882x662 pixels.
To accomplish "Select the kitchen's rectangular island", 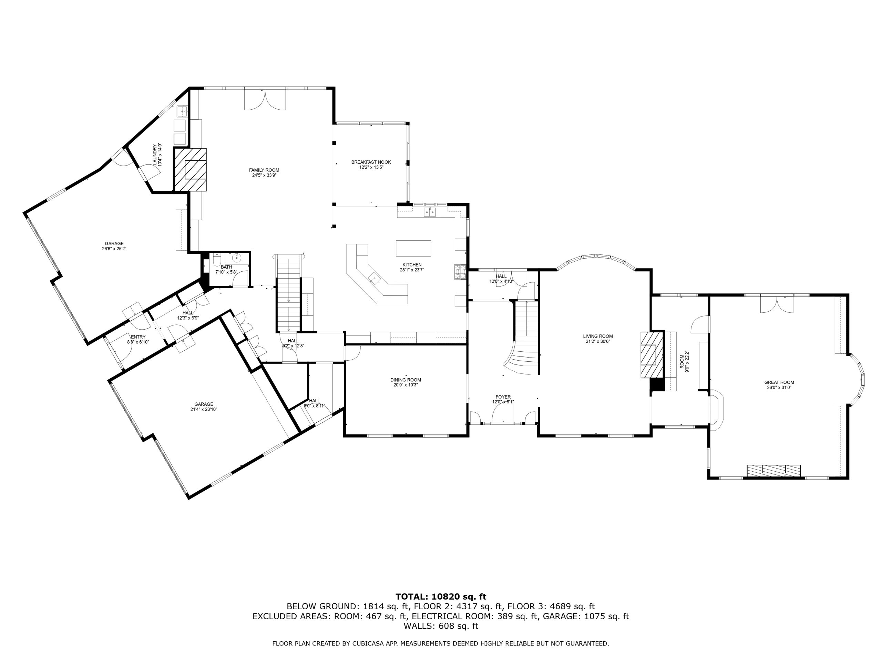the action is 413,248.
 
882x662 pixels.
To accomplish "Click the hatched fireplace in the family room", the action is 190,170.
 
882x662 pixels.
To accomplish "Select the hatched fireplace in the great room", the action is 773,470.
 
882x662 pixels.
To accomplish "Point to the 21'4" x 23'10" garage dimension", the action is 204,409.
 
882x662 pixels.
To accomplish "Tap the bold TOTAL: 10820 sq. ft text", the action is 441,597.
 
